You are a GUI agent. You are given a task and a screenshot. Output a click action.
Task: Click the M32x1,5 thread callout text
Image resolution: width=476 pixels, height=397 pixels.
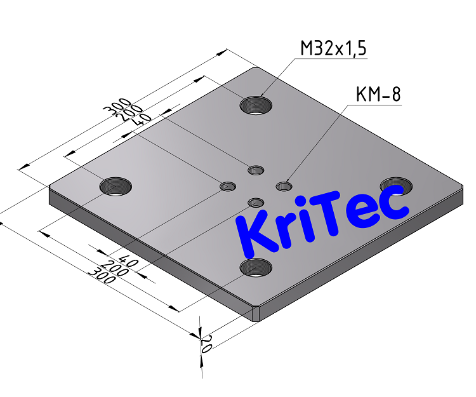tap(333, 48)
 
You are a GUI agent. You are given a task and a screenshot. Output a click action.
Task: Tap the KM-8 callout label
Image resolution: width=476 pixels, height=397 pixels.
tap(378, 95)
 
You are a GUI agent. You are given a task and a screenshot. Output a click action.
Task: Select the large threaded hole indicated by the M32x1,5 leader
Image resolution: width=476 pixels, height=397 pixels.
tap(256, 104)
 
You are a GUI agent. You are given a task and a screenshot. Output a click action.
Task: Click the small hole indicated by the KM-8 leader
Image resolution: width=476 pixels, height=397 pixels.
tap(284, 186)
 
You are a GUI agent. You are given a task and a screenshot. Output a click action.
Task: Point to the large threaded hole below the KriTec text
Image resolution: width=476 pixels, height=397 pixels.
tap(256, 267)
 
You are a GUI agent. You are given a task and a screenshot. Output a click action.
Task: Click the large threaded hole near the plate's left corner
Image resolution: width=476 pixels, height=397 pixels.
tap(116, 187)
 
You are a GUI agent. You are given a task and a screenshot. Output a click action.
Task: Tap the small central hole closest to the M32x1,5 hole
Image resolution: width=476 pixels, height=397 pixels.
tap(256, 170)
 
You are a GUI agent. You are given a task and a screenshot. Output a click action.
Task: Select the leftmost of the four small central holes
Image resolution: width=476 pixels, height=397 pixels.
tap(228, 186)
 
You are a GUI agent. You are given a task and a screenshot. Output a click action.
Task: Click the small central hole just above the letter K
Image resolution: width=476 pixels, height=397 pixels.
tap(256, 203)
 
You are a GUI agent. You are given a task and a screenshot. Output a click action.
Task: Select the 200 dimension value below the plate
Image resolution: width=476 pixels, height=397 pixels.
tap(115, 268)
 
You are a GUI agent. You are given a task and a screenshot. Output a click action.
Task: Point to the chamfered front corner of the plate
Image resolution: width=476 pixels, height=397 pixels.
tap(256, 313)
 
